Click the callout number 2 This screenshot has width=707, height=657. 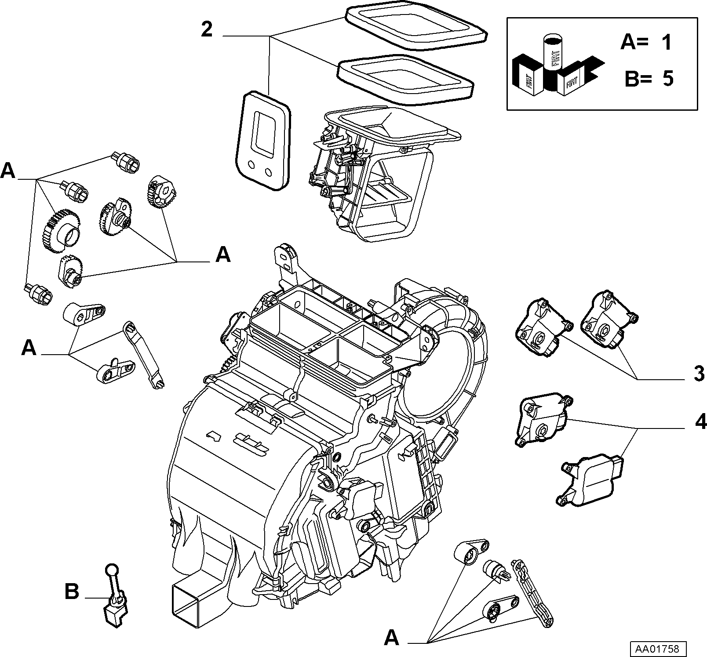(207, 29)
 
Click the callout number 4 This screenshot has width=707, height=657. (700, 422)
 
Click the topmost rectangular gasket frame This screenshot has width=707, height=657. (416, 28)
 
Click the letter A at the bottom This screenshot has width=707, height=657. (391, 637)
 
